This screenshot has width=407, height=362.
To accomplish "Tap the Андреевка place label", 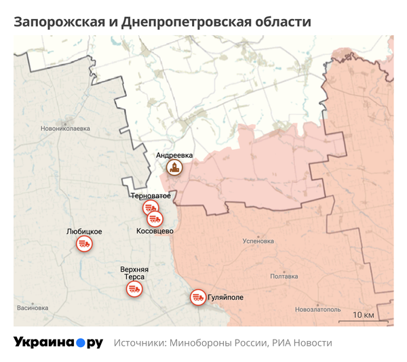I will (x=174, y=155).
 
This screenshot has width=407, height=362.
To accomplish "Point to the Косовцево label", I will (x=155, y=231).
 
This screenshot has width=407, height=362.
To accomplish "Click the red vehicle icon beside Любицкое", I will (x=84, y=243).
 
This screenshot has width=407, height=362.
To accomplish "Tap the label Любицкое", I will (x=84, y=231).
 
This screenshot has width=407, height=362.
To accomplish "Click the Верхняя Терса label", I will (x=134, y=273).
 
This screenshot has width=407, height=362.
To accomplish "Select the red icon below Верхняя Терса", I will (x=134, y=289).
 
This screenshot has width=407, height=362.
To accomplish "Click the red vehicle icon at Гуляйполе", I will (x=197, y=297).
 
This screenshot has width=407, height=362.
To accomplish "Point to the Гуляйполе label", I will (x=225, y=298).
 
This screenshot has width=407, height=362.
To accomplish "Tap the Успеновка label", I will (x=258, y=241).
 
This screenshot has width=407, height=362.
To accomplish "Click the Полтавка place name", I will (x=284, y=276).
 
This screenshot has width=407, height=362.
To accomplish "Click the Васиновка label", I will (x=33, y=308).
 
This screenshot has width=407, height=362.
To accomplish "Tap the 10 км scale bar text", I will (x=364, y=315).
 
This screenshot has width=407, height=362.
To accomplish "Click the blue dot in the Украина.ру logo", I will (x=80, y=343).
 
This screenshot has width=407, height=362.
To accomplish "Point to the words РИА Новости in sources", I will (x=302, y=343).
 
